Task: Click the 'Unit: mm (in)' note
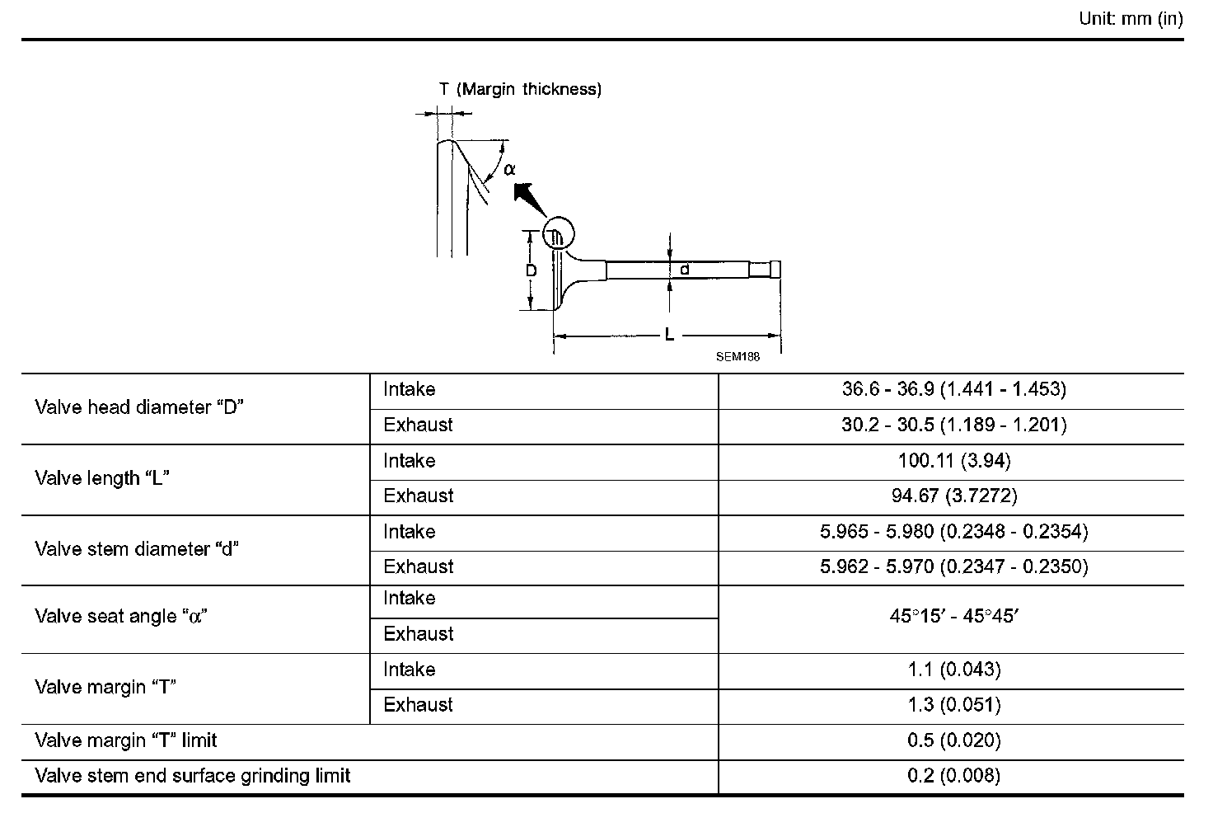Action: [1131, 18]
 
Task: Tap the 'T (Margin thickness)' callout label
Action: [520, 89]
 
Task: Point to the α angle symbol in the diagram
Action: [510, 169]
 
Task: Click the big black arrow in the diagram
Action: [527, 201]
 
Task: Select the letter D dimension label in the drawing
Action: [532, 270]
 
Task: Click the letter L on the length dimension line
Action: [670, 335]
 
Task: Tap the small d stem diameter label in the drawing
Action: [684, 269]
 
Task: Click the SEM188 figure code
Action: [738, 357]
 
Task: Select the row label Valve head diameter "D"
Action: [140, 407]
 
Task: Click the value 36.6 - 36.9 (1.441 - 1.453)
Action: [953, 389]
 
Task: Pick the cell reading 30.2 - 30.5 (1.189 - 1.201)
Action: [953, 425]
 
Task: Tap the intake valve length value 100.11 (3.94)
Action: [953, 460]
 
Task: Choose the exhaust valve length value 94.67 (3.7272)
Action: [953, 496]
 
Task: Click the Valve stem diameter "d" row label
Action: [137, 549]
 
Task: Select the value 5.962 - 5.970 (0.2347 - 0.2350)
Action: [953, 566]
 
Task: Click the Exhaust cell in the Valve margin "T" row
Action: [418, 705]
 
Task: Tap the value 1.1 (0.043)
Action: [953, 670]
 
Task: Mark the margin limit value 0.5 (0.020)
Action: [953, 740]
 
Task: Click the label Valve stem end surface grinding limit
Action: [193, 776]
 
